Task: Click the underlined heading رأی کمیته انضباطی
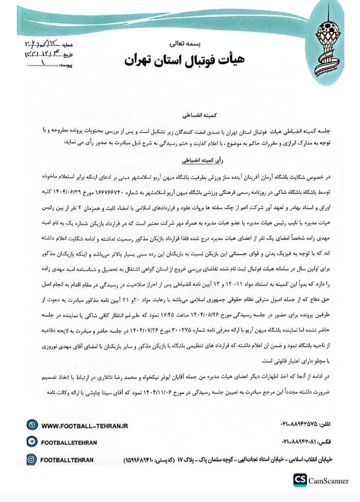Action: click(x=180, y=159)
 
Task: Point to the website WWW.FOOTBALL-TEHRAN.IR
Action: click(x=84, y=425)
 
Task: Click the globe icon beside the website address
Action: click(x=32, y=425)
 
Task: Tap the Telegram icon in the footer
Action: click(x=32, y=443)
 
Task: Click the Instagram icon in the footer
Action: click(x=32, y=460)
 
